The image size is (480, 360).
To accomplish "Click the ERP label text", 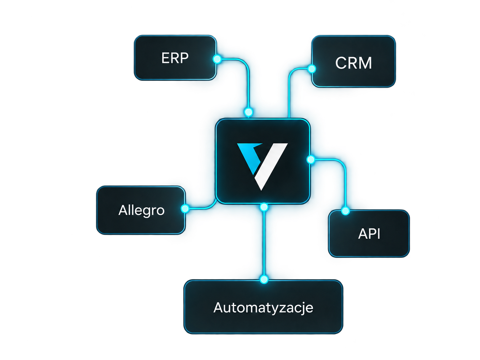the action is (x=175, y=58).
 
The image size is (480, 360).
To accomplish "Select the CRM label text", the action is (x=353, y=63).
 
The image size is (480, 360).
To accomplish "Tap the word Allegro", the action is (x=141, y=210).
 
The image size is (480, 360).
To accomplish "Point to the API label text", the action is (x=369, y=234).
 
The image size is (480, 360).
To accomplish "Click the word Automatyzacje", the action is (x=263, y=308).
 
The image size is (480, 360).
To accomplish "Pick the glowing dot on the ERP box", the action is (x=217, y=59).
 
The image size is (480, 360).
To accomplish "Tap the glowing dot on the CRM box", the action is (x=312, y=69).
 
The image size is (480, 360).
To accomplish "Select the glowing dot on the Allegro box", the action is (x=185, y=208).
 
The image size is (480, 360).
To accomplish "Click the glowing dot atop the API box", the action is (x=345, y=211).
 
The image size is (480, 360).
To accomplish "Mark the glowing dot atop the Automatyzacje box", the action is (x=264, y=279).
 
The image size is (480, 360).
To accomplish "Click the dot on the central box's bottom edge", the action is (x=264, y=207).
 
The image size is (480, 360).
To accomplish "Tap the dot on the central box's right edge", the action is (x=311, y=159).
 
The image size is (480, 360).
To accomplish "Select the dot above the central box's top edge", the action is (x=248, y=112).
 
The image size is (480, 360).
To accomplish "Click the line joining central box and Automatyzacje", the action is (x=264, y=243).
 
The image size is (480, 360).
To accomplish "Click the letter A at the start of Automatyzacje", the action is (x=218, y=307).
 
